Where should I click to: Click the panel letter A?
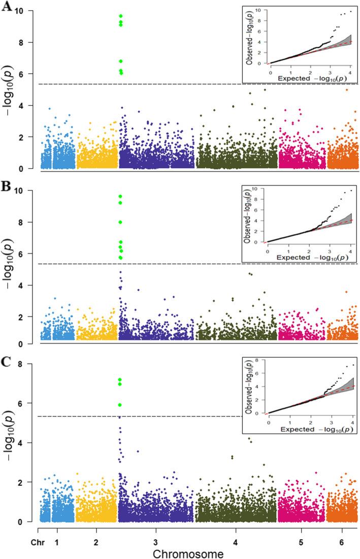tap(7, 9)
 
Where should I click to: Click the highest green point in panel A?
tap(120, 16)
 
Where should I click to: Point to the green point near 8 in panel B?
tap(120, 222)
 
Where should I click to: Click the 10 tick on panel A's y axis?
tap(28, 11)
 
